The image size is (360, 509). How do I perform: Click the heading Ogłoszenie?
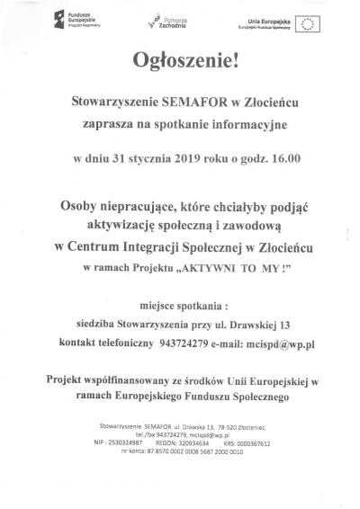pos(179,63)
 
